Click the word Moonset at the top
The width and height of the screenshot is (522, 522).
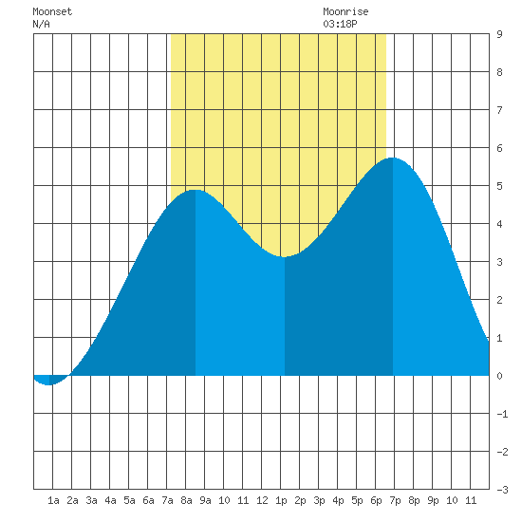[x=52, y=11]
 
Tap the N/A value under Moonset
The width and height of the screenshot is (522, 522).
[x=41, y=24]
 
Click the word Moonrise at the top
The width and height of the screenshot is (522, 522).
[x=345, y=11]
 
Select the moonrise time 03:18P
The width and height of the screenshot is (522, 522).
[x=340, y=24]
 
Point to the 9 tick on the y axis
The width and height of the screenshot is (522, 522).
[x=499, y=34]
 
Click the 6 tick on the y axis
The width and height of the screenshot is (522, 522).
[x=499, y=148]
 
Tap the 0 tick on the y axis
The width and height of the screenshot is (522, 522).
[x=499, y=376]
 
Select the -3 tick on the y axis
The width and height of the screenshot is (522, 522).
[x=502, y=490]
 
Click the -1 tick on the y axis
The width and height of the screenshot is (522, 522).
[x=502, y=414]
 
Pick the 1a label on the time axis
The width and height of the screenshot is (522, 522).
[x=53, y=500]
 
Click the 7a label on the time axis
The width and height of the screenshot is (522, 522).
[x=167, y=500]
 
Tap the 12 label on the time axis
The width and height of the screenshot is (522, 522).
[x=262, y=500]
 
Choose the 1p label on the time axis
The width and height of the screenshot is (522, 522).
[x=281, y=500]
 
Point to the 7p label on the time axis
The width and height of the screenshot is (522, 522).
[x=395, y=500]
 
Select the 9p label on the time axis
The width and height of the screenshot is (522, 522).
[x=433, y=500]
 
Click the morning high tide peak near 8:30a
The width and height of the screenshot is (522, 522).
[x=196, y=191]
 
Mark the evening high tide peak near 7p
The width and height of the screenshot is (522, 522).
[x=393, y=158]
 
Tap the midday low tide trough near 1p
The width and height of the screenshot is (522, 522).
[x=284, y=256]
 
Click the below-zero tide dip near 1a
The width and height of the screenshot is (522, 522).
[x=49, y=384]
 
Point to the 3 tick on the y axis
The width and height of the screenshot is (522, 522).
[x=499, y=262]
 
